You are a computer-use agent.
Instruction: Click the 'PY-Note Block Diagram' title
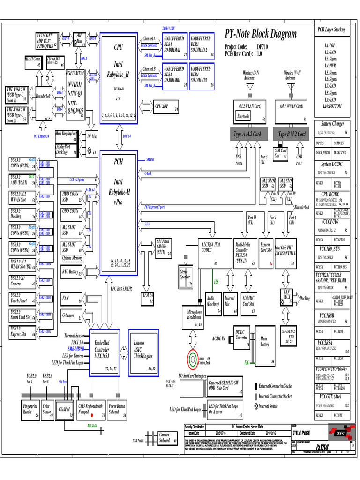click(x=261, y=34)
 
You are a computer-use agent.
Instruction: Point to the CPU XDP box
click(x=166, y=107)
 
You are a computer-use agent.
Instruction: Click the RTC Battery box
click(x=72, y=272)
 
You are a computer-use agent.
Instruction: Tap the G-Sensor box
click(x=72, y=316)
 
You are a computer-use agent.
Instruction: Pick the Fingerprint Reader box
click(x=30, y=409)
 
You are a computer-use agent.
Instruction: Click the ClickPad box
click(x=64, y=409)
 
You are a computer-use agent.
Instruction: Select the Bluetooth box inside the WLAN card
click(x=244, y=116)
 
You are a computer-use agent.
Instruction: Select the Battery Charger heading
click(x=332, y=124)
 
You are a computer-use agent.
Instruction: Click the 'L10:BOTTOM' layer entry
click(x=332, y=106)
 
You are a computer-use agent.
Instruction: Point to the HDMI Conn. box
click(x=33, y=63)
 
